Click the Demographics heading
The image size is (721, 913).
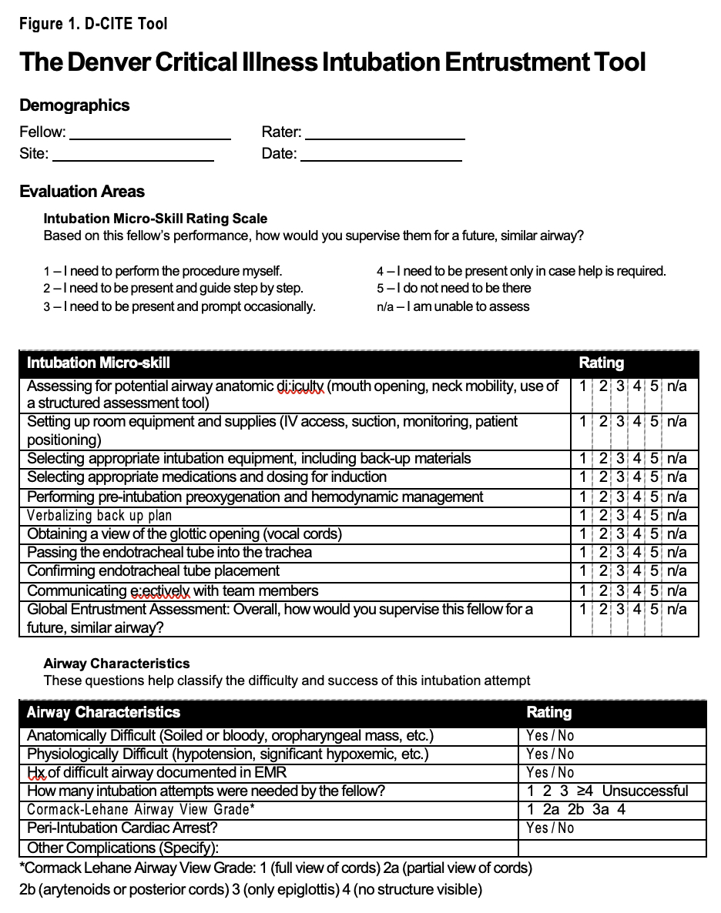coord(75,105)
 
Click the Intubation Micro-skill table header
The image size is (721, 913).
coord(99,363)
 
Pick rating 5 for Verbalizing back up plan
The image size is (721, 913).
coord(653,516)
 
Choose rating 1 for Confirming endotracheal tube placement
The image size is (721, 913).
coord(583,571)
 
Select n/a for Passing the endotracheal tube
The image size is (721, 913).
coord(677,553)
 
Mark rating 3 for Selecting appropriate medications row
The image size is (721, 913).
coord(620,477)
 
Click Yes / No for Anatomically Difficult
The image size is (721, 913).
coord(550,736)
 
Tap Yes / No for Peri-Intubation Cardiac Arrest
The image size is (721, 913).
coord(550,828)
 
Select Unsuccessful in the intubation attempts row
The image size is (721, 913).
coord(645,791)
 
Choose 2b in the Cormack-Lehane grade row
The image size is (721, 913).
coord(575,810)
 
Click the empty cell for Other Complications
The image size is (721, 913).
coord(612,848)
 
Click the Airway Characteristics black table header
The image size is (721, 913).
coord(103,713)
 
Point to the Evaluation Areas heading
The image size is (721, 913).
coord(82,192)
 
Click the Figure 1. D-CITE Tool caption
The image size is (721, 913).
coord(93,24)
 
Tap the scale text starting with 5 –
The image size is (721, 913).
coord(454,289)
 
